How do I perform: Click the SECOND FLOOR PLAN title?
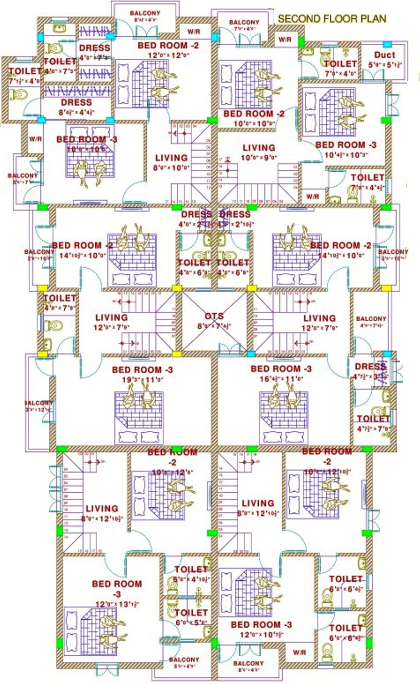[332, 19]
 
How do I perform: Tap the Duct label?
[384, 55]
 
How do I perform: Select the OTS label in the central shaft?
[214, 316]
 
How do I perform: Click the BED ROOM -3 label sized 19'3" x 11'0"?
[142, 370]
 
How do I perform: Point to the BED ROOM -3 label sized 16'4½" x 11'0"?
[281, 369]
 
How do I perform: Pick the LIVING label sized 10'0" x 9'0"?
[258, 148]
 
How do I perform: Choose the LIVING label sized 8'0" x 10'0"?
[171, 158]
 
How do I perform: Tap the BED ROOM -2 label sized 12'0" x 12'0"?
[168, 46]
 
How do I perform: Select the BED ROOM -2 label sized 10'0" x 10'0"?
[254, 114]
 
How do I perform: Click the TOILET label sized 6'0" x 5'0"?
[191, 613]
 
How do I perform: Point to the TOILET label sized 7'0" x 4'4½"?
[367, 178]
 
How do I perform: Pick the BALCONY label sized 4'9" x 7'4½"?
[371, 319]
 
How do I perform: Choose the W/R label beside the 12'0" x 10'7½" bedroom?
[299, 653]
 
